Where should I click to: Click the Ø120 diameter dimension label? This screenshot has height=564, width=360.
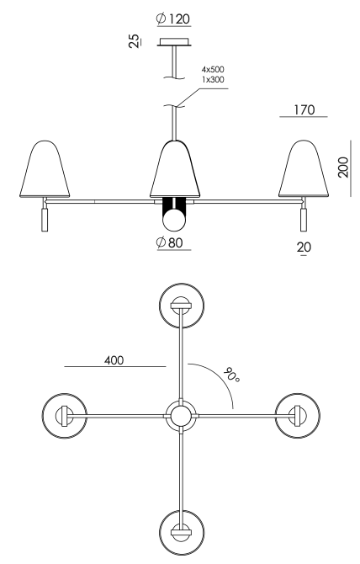click(x=173, y=19)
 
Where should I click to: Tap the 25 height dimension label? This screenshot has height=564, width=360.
click(x=134, y=41)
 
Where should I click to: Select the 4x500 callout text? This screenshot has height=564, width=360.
click(x=213, y=69)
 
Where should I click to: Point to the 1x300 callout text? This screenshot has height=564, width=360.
click(x=213, y=79)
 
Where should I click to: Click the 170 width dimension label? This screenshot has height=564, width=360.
click(x=304, y=109)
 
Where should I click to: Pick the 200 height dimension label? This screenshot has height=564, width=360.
click(x=343, y=167)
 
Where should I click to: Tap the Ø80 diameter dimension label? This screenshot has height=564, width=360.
click(x=170, y=242)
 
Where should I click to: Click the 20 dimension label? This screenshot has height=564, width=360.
click(x=304, y=247)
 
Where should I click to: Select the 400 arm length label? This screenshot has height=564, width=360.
click(x=114, y=360)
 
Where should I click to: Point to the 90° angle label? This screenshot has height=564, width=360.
click(x=230, y=375)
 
